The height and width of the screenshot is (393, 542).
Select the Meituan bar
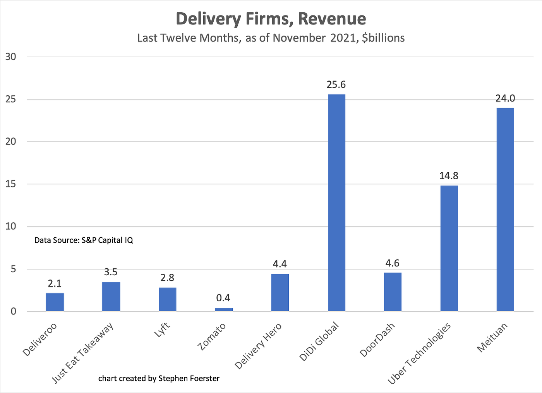pos(505,209)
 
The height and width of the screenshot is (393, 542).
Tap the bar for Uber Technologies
pos(449,248)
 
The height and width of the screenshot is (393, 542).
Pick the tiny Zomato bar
pos(224,309)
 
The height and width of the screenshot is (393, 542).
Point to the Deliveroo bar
pos(55,302)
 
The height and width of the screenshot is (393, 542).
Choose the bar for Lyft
pos(167,299)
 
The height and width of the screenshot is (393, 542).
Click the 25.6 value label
pos(336,84)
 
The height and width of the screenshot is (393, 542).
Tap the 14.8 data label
pos(449,176)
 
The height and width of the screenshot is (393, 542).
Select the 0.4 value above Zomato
pos(223,298)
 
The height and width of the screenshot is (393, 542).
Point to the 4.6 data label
pos(393,263)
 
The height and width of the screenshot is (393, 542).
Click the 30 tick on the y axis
pos(11,57)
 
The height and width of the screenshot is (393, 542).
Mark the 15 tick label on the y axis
pos(11,184)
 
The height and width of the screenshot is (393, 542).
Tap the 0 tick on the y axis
pos(14,311)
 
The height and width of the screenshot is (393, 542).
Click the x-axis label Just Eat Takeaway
pos(83,353)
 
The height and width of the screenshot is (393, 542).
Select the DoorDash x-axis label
pos(377,340)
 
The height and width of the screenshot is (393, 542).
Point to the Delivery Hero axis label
pos(258,345)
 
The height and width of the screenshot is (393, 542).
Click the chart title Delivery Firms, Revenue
pos(271,19)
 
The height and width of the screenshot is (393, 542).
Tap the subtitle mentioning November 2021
pos(271,38)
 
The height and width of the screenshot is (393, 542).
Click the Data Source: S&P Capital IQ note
pos(84,240)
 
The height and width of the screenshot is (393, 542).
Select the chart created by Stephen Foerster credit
pos(159,378)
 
